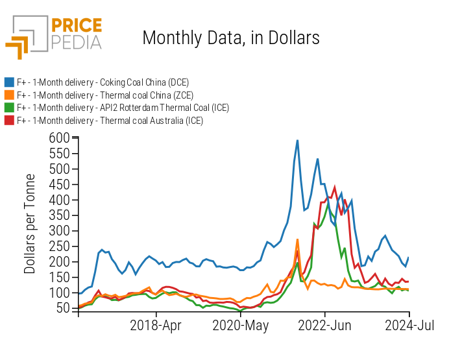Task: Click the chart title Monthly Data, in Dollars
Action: [230, 38]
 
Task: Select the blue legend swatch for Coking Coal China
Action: [10, 82]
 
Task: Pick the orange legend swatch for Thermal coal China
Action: [10, 95]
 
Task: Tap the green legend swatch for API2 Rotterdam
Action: [10, 108]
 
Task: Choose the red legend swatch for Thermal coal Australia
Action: [10, 121]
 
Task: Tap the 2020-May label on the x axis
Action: [241, 326]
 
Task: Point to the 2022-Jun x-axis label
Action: [324, 326]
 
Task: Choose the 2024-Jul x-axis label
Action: [409, 326]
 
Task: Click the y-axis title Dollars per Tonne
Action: [30, 223]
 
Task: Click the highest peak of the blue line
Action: [297, 140]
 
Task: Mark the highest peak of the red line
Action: [335, 187]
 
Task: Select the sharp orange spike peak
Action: [297, 239]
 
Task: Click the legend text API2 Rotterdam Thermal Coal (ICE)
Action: [123, 108]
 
